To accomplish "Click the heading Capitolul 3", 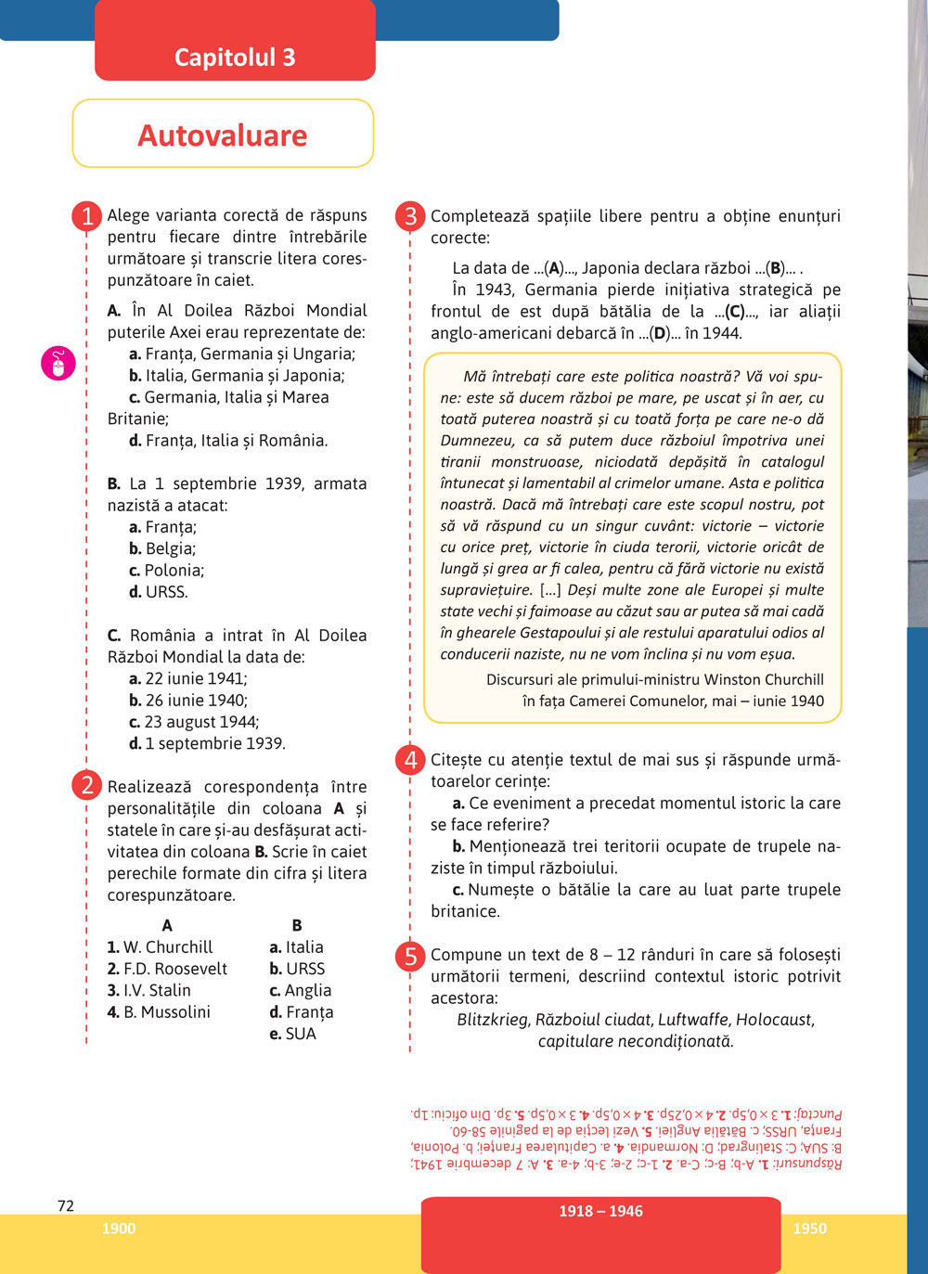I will coord(235,58).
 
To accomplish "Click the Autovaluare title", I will coord(223,135).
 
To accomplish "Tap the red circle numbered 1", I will coord(86,216).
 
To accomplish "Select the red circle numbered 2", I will coord(86,786).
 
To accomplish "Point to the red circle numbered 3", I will coord(409,216).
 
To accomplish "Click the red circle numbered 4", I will coord(409,760).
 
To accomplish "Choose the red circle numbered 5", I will coord(409,955).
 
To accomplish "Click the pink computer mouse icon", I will coord(58,363).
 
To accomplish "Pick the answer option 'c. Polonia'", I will coord(167,571).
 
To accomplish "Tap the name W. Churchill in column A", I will coord(161,947).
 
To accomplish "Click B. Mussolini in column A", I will coord(159,1012).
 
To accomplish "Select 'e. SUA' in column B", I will coord(292,1034).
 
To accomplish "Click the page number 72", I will coord(66,1206).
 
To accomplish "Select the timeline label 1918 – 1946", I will coord(600,1211).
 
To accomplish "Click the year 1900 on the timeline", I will coord(119,1229).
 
